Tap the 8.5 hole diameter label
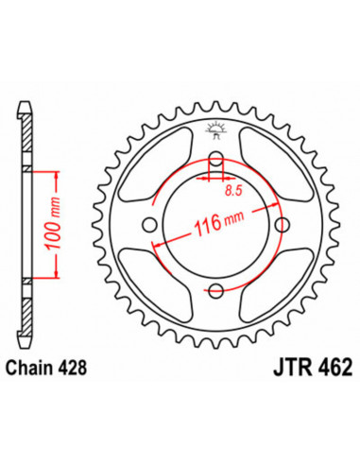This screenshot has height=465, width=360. (231, 191)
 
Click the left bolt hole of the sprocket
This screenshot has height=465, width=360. (149, 223)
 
